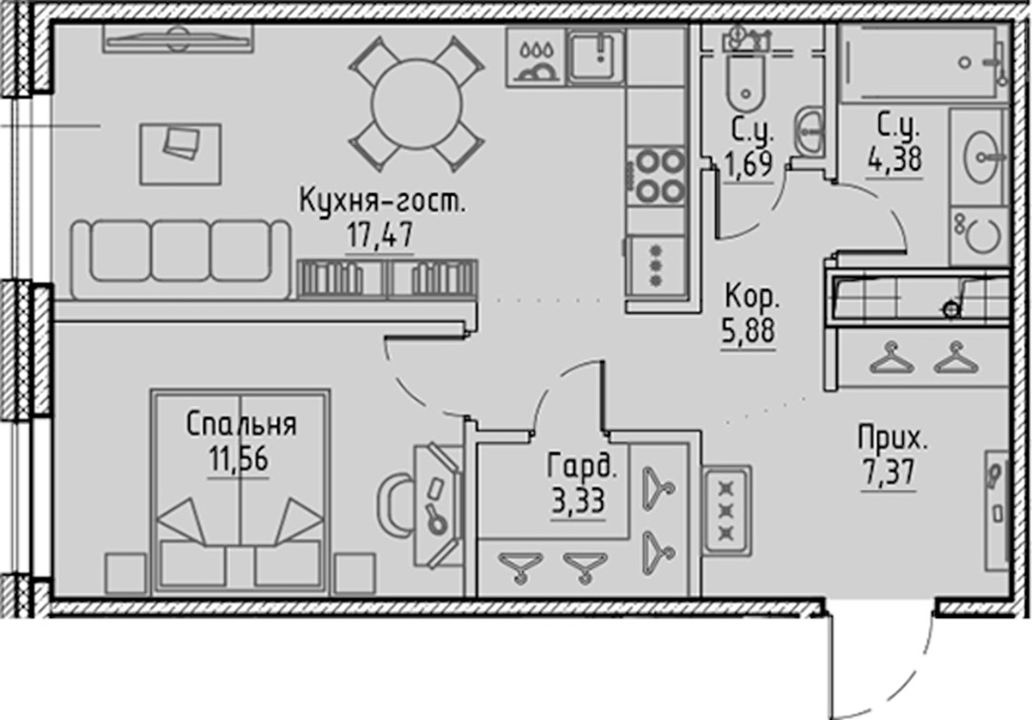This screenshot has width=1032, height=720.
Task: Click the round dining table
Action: point(417,104)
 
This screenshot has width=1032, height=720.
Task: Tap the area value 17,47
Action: point(380,236)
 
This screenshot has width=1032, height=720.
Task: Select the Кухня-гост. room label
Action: point(381,201)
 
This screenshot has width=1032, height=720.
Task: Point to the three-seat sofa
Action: point(181,260)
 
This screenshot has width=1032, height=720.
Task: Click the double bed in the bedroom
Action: point(240,491)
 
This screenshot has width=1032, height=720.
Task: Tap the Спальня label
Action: point(241,424)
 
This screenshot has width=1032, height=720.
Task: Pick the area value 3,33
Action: point(578,501)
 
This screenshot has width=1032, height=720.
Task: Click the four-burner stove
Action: point(656,175)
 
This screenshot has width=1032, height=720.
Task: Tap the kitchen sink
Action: point(597,56)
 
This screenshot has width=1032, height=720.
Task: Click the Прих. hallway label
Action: point(892,437)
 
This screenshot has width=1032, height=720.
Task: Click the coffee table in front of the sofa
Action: point(181,154)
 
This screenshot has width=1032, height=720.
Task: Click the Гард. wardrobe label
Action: point(583,467)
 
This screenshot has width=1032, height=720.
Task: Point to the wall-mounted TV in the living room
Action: point(178,38)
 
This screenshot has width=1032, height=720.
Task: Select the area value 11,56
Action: point(238,459)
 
